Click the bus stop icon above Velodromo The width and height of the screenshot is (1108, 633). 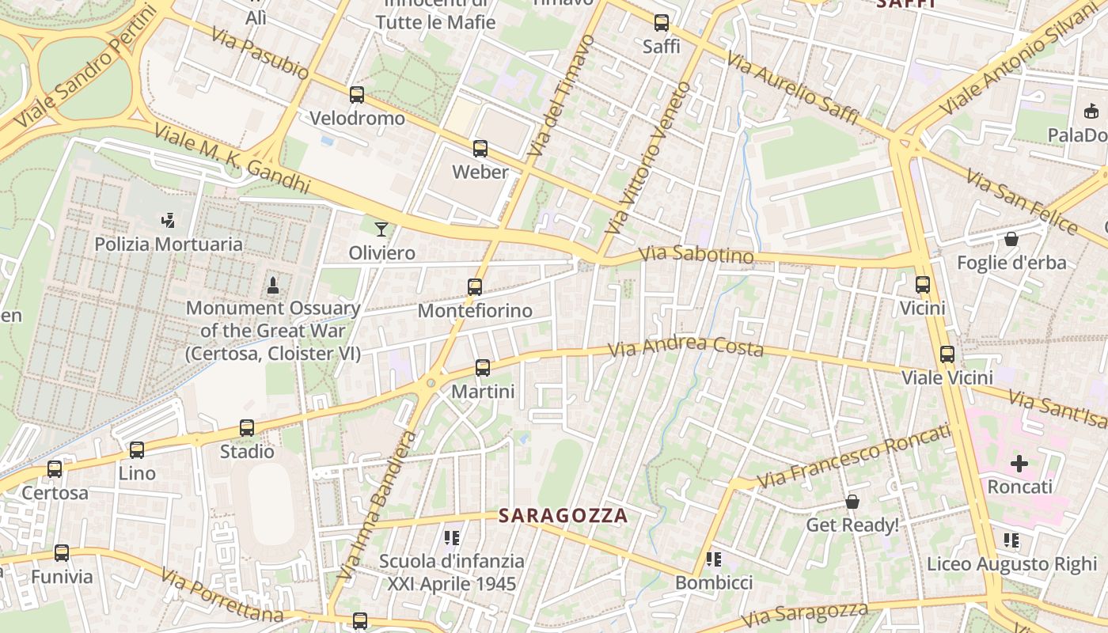[x=357, y=95]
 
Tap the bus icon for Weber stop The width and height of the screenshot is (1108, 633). [x=480, y=149]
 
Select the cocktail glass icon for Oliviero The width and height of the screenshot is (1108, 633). [x=381, y=229]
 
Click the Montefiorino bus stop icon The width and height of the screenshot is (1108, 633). [x=475, y=287]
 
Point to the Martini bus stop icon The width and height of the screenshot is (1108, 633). [x=483, y=368]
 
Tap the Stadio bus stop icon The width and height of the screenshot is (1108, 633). [x=247, y=428]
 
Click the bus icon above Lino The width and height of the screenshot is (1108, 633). [x=137, y=450]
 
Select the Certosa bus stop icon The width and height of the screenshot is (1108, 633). [x=55, y=469]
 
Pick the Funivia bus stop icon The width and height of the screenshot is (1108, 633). [x=62, y=553]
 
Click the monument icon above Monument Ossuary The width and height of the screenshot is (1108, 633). [x=273, y=285]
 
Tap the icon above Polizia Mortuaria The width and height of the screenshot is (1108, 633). [x=168, y=220]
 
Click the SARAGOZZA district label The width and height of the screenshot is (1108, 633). [x=563, y=516]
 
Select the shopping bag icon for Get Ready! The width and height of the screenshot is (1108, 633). [x=852, y=502]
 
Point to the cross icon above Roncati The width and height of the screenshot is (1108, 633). [x=1019, y=463]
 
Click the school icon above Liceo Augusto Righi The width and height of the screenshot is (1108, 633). [x=1011, y=540]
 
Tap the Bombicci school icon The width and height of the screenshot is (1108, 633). [x=714, y=559]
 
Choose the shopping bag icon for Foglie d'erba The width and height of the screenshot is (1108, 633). [x=1011, y=238]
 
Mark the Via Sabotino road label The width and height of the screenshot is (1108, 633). [x=696, y=255]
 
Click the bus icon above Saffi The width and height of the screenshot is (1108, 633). [x=662, y=23]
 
